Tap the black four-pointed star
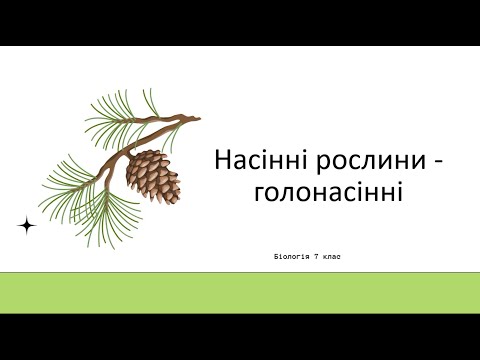coord(27,226)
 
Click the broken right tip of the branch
coord(196,120)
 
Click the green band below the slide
coord(240,292)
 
